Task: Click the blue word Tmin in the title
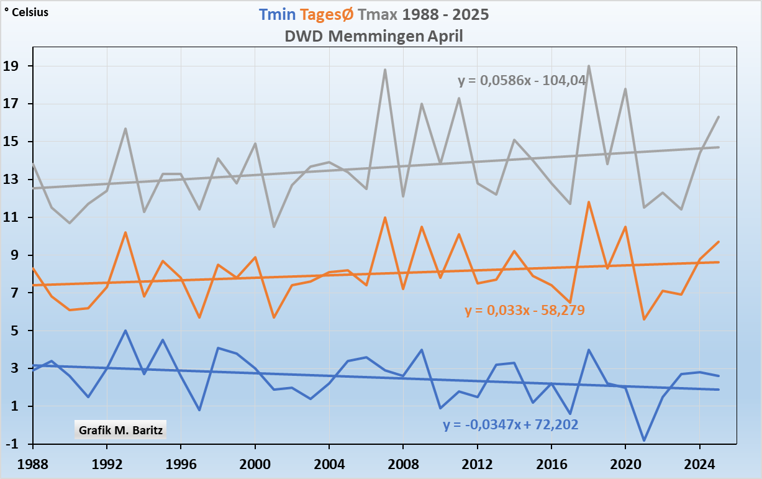(x=277, y=14)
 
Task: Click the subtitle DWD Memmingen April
(x=374, y=36)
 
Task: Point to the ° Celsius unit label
(x=26, y=12)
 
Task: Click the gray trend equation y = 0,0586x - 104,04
(x=522, y=80)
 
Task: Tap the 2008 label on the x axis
(x=403, y=463)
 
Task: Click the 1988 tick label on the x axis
(x=33, y=463)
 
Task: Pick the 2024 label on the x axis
(x=699, y=463)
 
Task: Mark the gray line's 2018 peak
(x=588, y=66)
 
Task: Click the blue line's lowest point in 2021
(x=644, y=440)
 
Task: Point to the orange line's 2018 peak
(x=588, y=203)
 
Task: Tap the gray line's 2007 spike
(x=384, y=70)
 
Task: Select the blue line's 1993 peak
(x=125, y=331)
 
